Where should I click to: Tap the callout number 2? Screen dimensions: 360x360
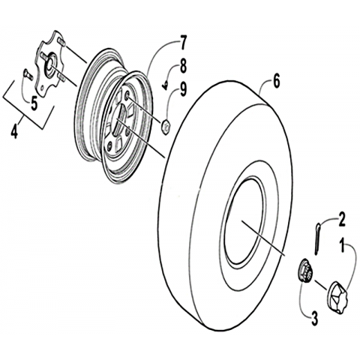(341, 219)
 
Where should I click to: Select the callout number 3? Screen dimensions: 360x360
(314, 318)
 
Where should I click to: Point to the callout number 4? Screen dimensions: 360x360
(14, 131)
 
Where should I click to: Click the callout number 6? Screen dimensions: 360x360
(276, 81)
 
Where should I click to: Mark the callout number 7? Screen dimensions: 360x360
(183, 43)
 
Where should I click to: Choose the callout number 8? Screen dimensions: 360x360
(183, 65)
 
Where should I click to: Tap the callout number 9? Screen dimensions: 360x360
(183, 89)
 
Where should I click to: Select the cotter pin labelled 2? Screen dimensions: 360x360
(317, 238)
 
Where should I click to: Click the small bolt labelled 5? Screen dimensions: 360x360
(28, 74)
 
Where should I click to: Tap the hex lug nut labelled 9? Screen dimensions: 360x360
(166, 127)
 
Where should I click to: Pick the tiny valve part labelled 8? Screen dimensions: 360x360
(164, 85)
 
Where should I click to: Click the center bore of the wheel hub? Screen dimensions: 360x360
(49, 64)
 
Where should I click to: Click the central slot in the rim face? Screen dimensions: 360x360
(120, 118)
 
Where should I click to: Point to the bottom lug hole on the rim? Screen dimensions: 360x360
(109, 147)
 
